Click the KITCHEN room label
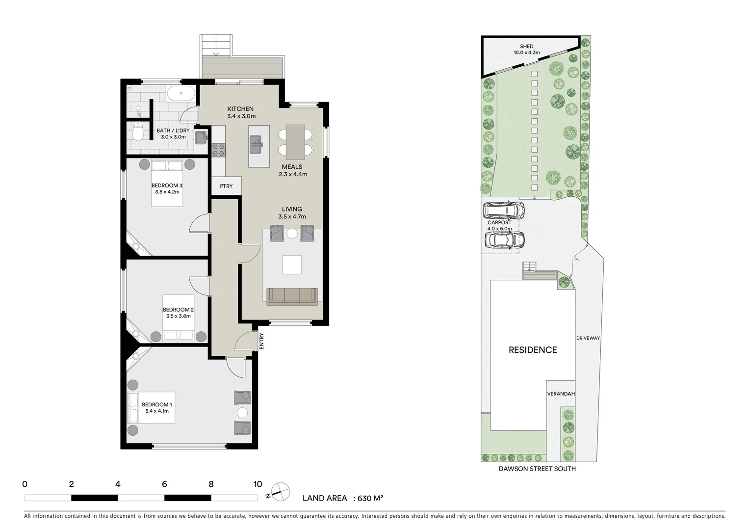(240, 109)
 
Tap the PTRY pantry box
(226, 186)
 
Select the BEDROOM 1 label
(156, 404)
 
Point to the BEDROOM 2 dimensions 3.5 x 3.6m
(178, 316)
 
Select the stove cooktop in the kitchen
(218, 149)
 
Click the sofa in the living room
(292, 295)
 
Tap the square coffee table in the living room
(292, 265)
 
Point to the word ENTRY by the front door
(261, 341)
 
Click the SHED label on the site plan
(526, 46)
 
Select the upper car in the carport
(504, 210)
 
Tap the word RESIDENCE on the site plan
(532, 350)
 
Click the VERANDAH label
(561, 394)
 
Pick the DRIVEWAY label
(588, 338)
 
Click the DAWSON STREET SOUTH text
(537, 469)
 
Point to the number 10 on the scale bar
(257, 484)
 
